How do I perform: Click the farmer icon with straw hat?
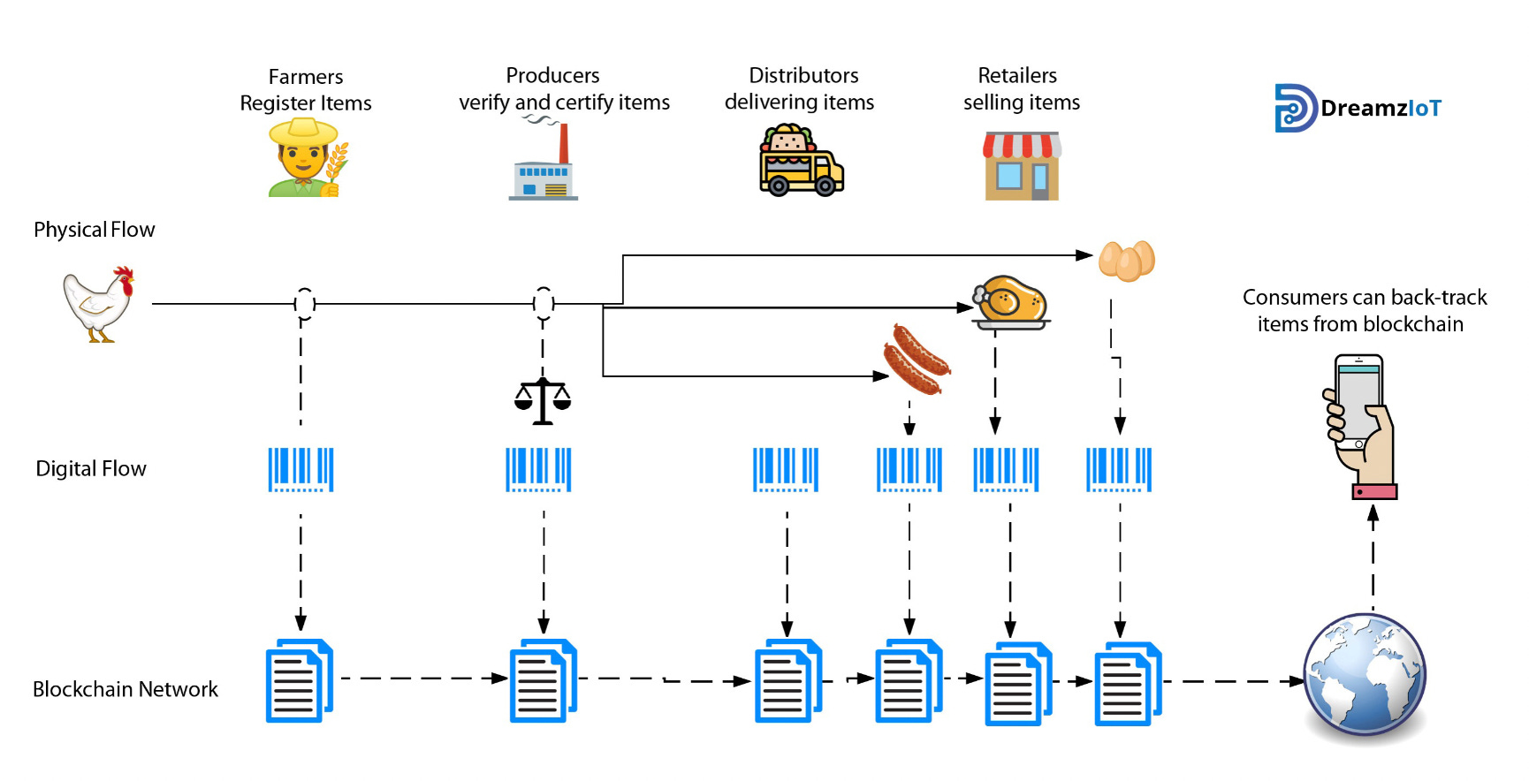(x=306, y=159)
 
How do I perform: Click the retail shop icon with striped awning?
(x=1022, y=166)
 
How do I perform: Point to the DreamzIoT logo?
(x=1358, y=109)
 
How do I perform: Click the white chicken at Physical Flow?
(x=99, y=303)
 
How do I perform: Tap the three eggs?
(x=1126, y=261)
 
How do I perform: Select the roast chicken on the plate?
(x=1010, y=302)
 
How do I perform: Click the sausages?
(x=917, y=360)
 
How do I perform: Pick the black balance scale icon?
(x=543, y=401)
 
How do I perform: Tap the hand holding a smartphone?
(x=1361, y=427)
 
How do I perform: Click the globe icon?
(x=1365, y=676)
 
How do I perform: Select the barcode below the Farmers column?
(x=300, y=469)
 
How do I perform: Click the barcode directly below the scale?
(x=538, y=469)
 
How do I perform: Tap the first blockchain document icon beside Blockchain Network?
(x=299, y=680)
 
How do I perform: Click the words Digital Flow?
(x=91, y=469)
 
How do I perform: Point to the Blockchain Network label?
(x=125, y=689)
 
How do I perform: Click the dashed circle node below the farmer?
(x=304, y=303)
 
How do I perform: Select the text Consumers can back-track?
(x=1364, y=298)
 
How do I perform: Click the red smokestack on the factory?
(x=564, y=143)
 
